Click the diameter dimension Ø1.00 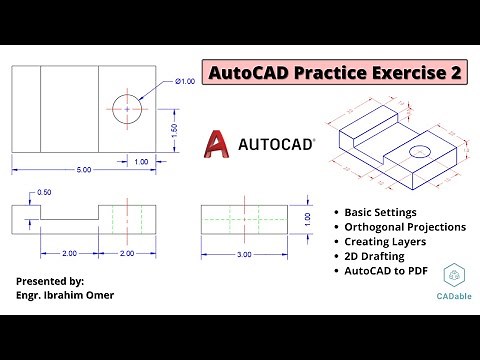[x=185, y=82]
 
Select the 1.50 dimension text [x=177, y=130]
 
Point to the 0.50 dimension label [x=44, y=192]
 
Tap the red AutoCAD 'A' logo [x=217, y=144]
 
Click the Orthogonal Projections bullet [x=405, y=227]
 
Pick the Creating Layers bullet [x=386, y=241]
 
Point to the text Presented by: [x=50, y=281]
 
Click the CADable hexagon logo [x=454, y=277]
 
